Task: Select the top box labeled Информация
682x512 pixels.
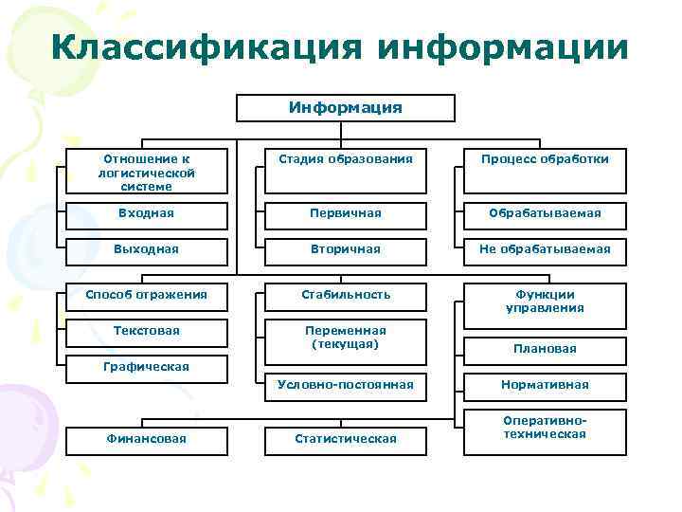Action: [x=345, y=108]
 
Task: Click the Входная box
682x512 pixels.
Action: [x=146, y=213]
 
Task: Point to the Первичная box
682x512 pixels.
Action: [x=345, y=213]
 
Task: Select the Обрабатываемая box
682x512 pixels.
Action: [x=545, y=213]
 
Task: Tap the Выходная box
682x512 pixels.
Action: [x=146, y=249]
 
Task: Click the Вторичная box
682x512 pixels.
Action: [x=345, y=249]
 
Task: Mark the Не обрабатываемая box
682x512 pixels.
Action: [x=545, y=249]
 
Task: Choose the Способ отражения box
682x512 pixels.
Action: [x=146, y=295]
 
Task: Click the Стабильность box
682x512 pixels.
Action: [x=345, y=295]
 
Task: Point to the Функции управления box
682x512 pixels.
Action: [x=545, y=302]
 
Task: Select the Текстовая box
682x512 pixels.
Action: [x=146, y=332]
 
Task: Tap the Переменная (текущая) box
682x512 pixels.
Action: [x=345, y=338]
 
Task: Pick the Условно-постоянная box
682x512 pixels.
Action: [x=345, y=385]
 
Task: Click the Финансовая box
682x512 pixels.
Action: [x=146, y=438]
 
